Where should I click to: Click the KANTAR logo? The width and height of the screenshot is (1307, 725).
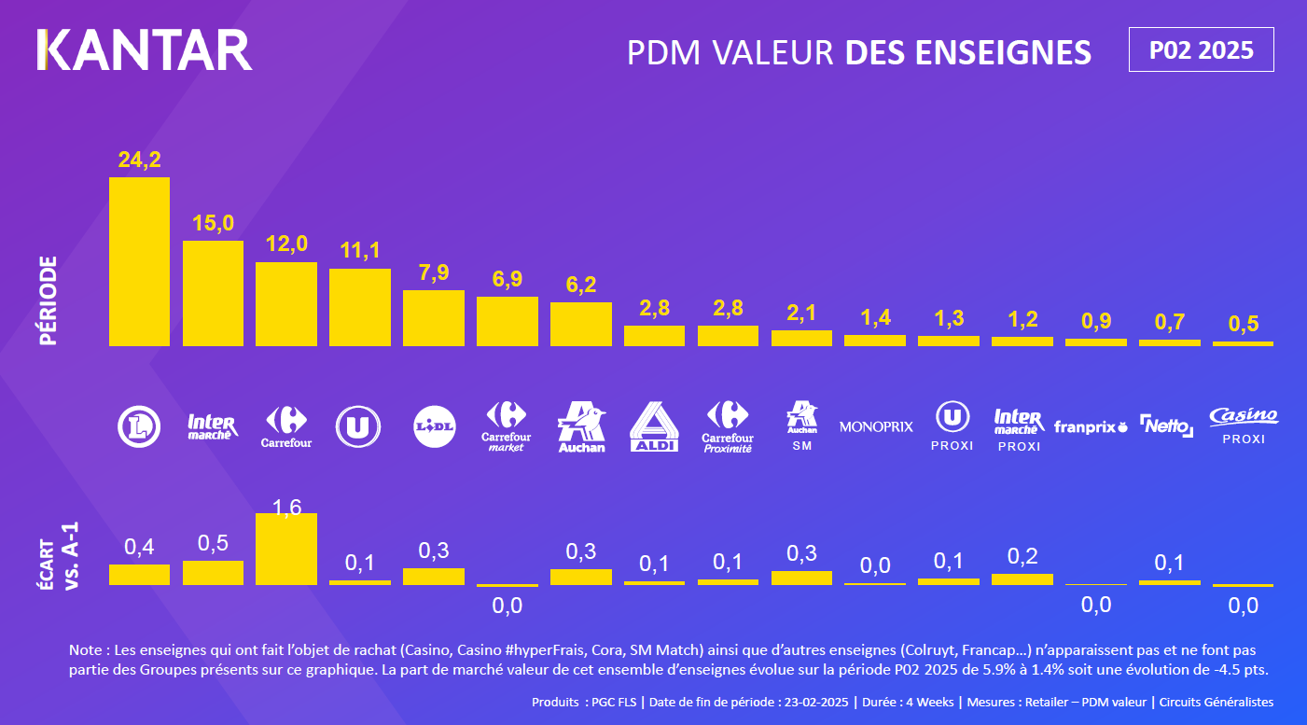tap(145, 50)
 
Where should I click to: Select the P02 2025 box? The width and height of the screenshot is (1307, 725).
tap(1201, 50)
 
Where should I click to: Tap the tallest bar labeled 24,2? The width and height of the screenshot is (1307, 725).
tap(139, 261)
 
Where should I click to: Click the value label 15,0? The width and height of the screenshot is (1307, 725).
tap(213, 223)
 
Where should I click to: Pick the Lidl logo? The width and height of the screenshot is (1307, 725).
tap(434, 426)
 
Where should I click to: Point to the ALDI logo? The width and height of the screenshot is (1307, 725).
tap(654, 427)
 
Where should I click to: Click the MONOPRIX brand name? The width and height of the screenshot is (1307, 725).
tap(876, 426)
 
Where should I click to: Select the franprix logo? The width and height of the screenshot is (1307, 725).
tap(1091, 427)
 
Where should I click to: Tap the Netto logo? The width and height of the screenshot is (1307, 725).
tap(1166, 426)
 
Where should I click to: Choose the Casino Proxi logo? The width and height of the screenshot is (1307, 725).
tap(1243, 425)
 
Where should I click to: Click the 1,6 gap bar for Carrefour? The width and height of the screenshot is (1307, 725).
tap(286, 550)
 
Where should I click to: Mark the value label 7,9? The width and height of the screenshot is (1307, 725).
tap(434, 273)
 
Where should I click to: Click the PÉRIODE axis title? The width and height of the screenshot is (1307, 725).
tap(49, 300)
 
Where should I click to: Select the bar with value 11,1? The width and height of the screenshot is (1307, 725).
tap(360, 307)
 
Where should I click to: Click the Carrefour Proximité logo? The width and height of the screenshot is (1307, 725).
tap(728, 427)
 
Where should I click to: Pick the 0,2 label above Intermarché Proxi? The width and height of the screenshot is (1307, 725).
tap(1022, 557)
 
